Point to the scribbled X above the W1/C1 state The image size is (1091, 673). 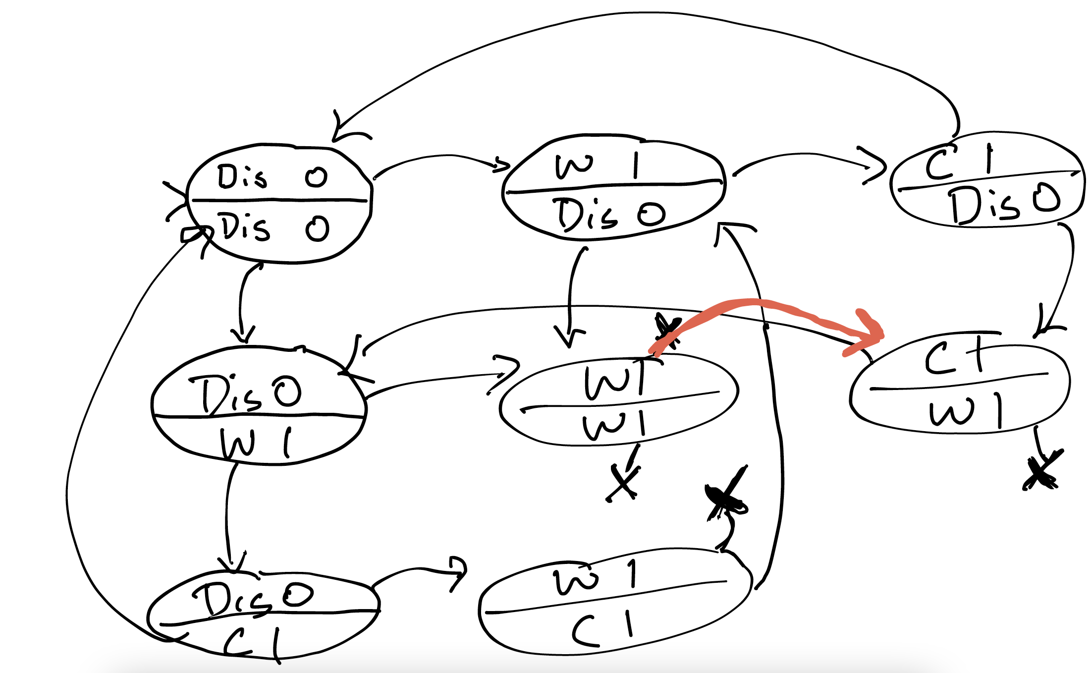click(x=726, y=496)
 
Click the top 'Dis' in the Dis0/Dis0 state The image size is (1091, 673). click(x=242, y=176)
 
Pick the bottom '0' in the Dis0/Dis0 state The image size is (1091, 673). click(x=317, y=229)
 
